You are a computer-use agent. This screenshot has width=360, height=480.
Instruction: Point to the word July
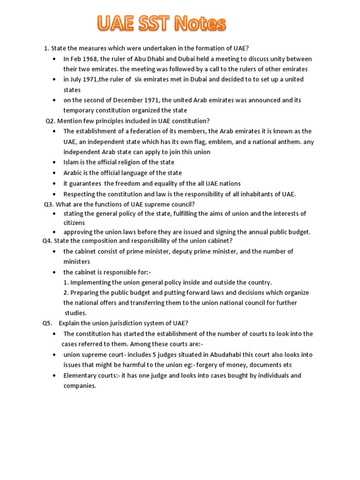[x=77, y=79]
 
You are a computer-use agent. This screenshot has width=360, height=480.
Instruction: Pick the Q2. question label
[x=50, y=121]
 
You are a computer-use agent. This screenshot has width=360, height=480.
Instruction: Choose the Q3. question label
[x=49, y=204]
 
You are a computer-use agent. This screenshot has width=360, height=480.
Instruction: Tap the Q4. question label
[x=48, y=241]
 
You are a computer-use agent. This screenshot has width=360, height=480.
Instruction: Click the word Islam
[x=72, y=162]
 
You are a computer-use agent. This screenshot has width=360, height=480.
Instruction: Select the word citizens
[x=74, y=223]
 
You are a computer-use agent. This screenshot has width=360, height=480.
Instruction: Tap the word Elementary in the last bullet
[x=80, y=375]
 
